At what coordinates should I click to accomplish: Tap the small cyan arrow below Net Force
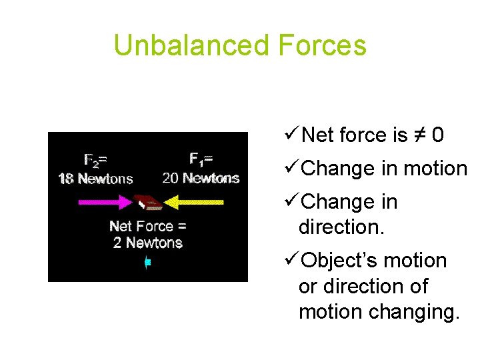148,263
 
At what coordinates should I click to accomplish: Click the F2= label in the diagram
96,160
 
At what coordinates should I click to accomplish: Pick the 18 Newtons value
95,178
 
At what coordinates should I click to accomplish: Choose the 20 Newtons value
201,178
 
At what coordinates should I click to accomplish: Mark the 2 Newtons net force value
147,243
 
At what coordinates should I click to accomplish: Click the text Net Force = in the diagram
147,226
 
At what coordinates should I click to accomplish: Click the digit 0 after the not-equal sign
438,136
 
